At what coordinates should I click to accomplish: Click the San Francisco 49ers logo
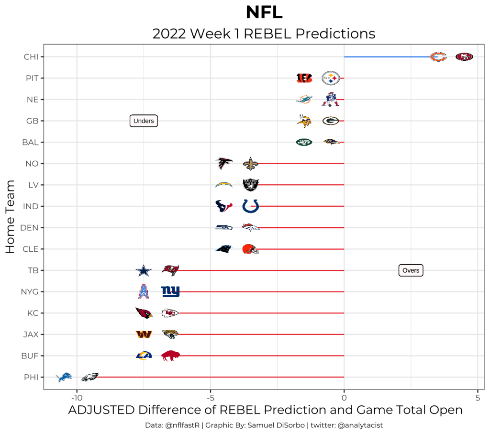point(464,57)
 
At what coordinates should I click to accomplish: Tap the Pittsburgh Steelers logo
point(330,78)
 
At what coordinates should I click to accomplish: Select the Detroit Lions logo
point(64,377)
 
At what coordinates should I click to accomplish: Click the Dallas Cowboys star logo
point(143,271)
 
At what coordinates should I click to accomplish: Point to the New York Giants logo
point(170,291)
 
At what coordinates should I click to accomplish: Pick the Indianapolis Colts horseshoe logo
point(251,206)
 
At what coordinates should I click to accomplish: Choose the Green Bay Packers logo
point(330,121)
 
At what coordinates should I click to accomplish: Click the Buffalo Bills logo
point(170,356)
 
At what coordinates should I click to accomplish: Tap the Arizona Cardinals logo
point(144,313)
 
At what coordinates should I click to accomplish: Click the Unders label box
point(144,121)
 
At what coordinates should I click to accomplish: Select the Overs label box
point(411,270)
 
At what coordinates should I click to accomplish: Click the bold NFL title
point(264,12)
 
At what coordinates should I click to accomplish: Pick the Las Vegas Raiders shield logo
point(251,185)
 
